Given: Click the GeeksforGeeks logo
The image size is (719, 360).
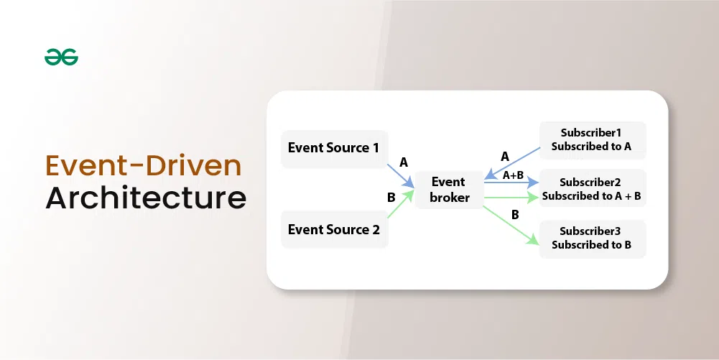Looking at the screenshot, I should [x=61, y=57].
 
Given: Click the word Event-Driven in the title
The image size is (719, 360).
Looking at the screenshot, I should [x=143, y=166].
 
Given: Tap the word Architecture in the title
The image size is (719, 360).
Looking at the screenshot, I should [x=146, y=198].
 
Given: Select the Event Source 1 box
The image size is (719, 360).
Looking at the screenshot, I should [x=334, y=149].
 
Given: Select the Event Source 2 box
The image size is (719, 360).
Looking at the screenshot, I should [x=334, y=230].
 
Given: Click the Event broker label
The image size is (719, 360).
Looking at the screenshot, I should [x=449, y=190].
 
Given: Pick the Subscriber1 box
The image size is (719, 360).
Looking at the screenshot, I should [x=593, y=139].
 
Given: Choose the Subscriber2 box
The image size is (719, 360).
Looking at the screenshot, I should [x=593, y=189].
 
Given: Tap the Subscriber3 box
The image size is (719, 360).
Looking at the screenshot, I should [x=593, y=239].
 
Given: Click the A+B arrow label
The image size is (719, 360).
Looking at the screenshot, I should [x=513, y=175].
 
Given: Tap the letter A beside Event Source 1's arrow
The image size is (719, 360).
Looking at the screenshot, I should [x=404, y=163].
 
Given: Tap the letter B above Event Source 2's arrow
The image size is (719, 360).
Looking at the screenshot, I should [x=391, y=196].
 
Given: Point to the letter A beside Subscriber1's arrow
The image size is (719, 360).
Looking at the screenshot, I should [x=504, y=156].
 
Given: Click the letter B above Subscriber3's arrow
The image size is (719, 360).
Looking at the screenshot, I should [x=515, y=214].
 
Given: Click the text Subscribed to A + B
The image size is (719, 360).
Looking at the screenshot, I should [x=593, y=196].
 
